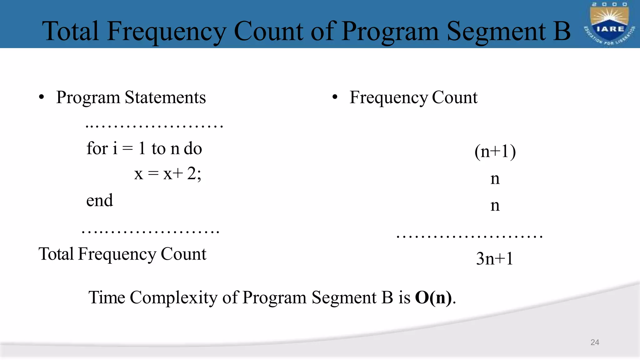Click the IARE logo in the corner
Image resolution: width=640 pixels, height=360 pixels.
coord(609,24)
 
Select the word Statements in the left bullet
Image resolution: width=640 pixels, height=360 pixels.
coord(165,97)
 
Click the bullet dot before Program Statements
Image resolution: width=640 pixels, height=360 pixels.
coord(42,97)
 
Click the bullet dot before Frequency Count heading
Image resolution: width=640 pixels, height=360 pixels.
coord(335,97)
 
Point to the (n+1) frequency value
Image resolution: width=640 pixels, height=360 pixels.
coord(495,152)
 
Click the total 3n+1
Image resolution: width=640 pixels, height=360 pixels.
coord(494,259)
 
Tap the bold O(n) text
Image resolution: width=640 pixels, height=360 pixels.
coord(433,297)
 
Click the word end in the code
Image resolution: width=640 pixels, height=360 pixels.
coord(99,200)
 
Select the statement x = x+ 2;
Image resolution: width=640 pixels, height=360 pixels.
coord(168,174)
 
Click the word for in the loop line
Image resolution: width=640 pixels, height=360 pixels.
coord(97,148)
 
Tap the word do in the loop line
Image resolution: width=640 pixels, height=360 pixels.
coord(193,148)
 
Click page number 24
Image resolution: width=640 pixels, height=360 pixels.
coord(595,342)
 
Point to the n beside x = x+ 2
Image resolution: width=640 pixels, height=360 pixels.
coord(495,179)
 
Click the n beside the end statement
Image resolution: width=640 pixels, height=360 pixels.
coord(495,206)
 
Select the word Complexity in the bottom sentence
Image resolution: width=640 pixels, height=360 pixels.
coord(173,297)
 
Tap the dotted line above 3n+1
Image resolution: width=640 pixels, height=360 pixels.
coord(469,237)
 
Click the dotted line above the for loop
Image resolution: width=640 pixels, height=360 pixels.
coord(154,126)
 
